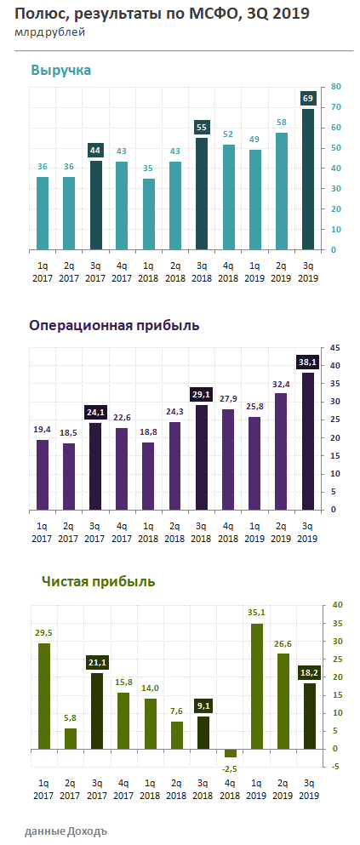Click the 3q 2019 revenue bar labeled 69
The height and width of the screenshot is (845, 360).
(x=308, y=179)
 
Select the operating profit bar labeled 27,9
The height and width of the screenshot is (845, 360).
(x=229, y=459)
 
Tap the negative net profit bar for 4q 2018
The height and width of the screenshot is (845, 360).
(x=229, y=753)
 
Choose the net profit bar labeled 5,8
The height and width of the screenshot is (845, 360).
(x=70, y=739)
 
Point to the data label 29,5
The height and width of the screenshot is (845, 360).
(x=43, y=633)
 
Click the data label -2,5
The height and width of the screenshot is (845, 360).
(x=229, y=768)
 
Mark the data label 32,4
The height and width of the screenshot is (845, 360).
(x=282, y=384)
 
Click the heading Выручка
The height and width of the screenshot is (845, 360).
(x=60, y=70)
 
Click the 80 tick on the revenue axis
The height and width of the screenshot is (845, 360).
(x=336, y=86)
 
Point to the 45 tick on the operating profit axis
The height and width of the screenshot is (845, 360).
(x=336, y=347)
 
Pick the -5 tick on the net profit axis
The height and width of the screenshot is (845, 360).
(x=336, y=767)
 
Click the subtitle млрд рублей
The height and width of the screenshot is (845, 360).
(x=49, y=32)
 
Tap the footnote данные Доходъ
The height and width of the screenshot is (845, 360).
(x=66, y=830)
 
